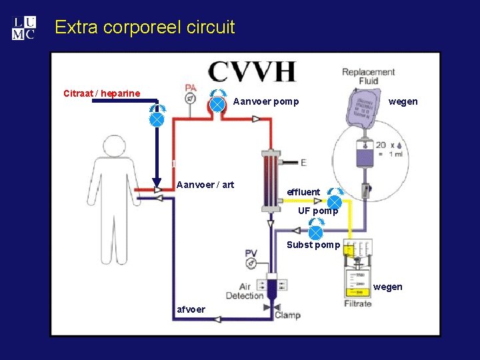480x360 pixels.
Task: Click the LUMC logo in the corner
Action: coord(23,28)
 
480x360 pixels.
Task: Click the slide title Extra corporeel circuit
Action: coord(145,27)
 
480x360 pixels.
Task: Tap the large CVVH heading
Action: coord(251,71)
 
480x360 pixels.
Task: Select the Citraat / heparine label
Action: coord(101,93)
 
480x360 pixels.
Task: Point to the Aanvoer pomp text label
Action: coord(266,102)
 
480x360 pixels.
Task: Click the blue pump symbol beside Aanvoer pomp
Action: coord(217,104)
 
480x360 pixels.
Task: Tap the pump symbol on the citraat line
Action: coord(156,119)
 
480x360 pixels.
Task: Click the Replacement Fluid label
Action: coord(368,76)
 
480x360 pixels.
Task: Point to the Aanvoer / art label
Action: coord(205,185)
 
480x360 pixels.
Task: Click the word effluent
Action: coord(303,192)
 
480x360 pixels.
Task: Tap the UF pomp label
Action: coord(318,211)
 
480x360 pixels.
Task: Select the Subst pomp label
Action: coord(313,245)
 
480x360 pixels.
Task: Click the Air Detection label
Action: coord(245,291)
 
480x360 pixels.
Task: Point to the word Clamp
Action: coord(287,315)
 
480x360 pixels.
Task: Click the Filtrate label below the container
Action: coord(358,304)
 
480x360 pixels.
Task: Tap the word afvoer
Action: coord(191,309)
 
